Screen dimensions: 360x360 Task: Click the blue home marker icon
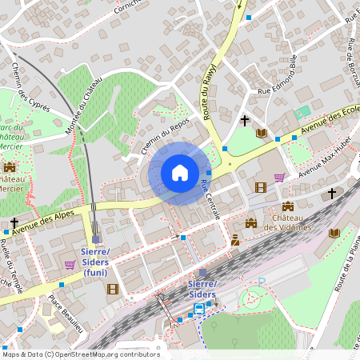tap(180, 173)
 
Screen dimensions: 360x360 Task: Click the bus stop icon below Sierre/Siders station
tap(198, 310)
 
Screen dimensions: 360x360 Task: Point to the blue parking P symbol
tap(261, 282)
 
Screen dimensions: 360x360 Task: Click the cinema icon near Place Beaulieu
tap(113, 289)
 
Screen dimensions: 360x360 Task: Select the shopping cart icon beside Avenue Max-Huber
tap(279, 178)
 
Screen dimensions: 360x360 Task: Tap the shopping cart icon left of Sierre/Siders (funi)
tap(70, 265)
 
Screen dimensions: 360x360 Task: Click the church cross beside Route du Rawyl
tap(245, 120)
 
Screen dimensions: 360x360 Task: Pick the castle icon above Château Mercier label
tap(10, 167)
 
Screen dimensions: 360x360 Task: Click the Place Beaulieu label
tap(66, 314)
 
